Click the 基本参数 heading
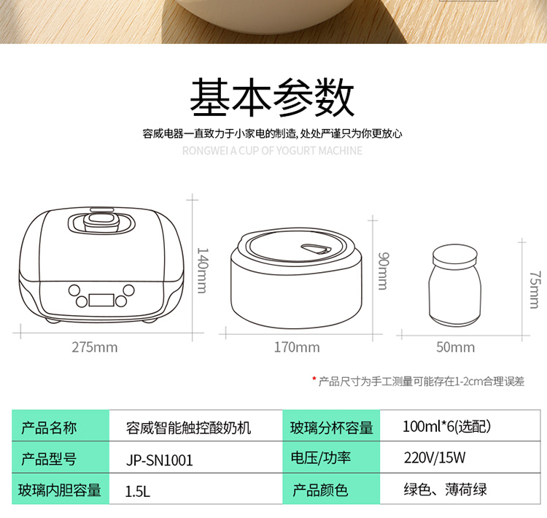coord(272,97)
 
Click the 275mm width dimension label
coord(95,348)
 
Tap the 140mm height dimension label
coord(203,271)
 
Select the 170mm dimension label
coord(297,348)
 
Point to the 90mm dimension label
coord(383,271)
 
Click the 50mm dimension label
coord(456,348)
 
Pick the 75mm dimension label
coord(535,290)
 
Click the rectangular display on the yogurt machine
coord(101,300)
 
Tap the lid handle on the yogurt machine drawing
coord(101,223)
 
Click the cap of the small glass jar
coord(455,255)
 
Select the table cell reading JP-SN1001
coord(195,457)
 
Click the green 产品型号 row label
coord(61,457)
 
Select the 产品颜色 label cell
coord(331,489)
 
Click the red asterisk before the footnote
coord(314,379)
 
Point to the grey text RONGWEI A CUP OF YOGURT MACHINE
coord(272,151)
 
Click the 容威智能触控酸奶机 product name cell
coord(195,426)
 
